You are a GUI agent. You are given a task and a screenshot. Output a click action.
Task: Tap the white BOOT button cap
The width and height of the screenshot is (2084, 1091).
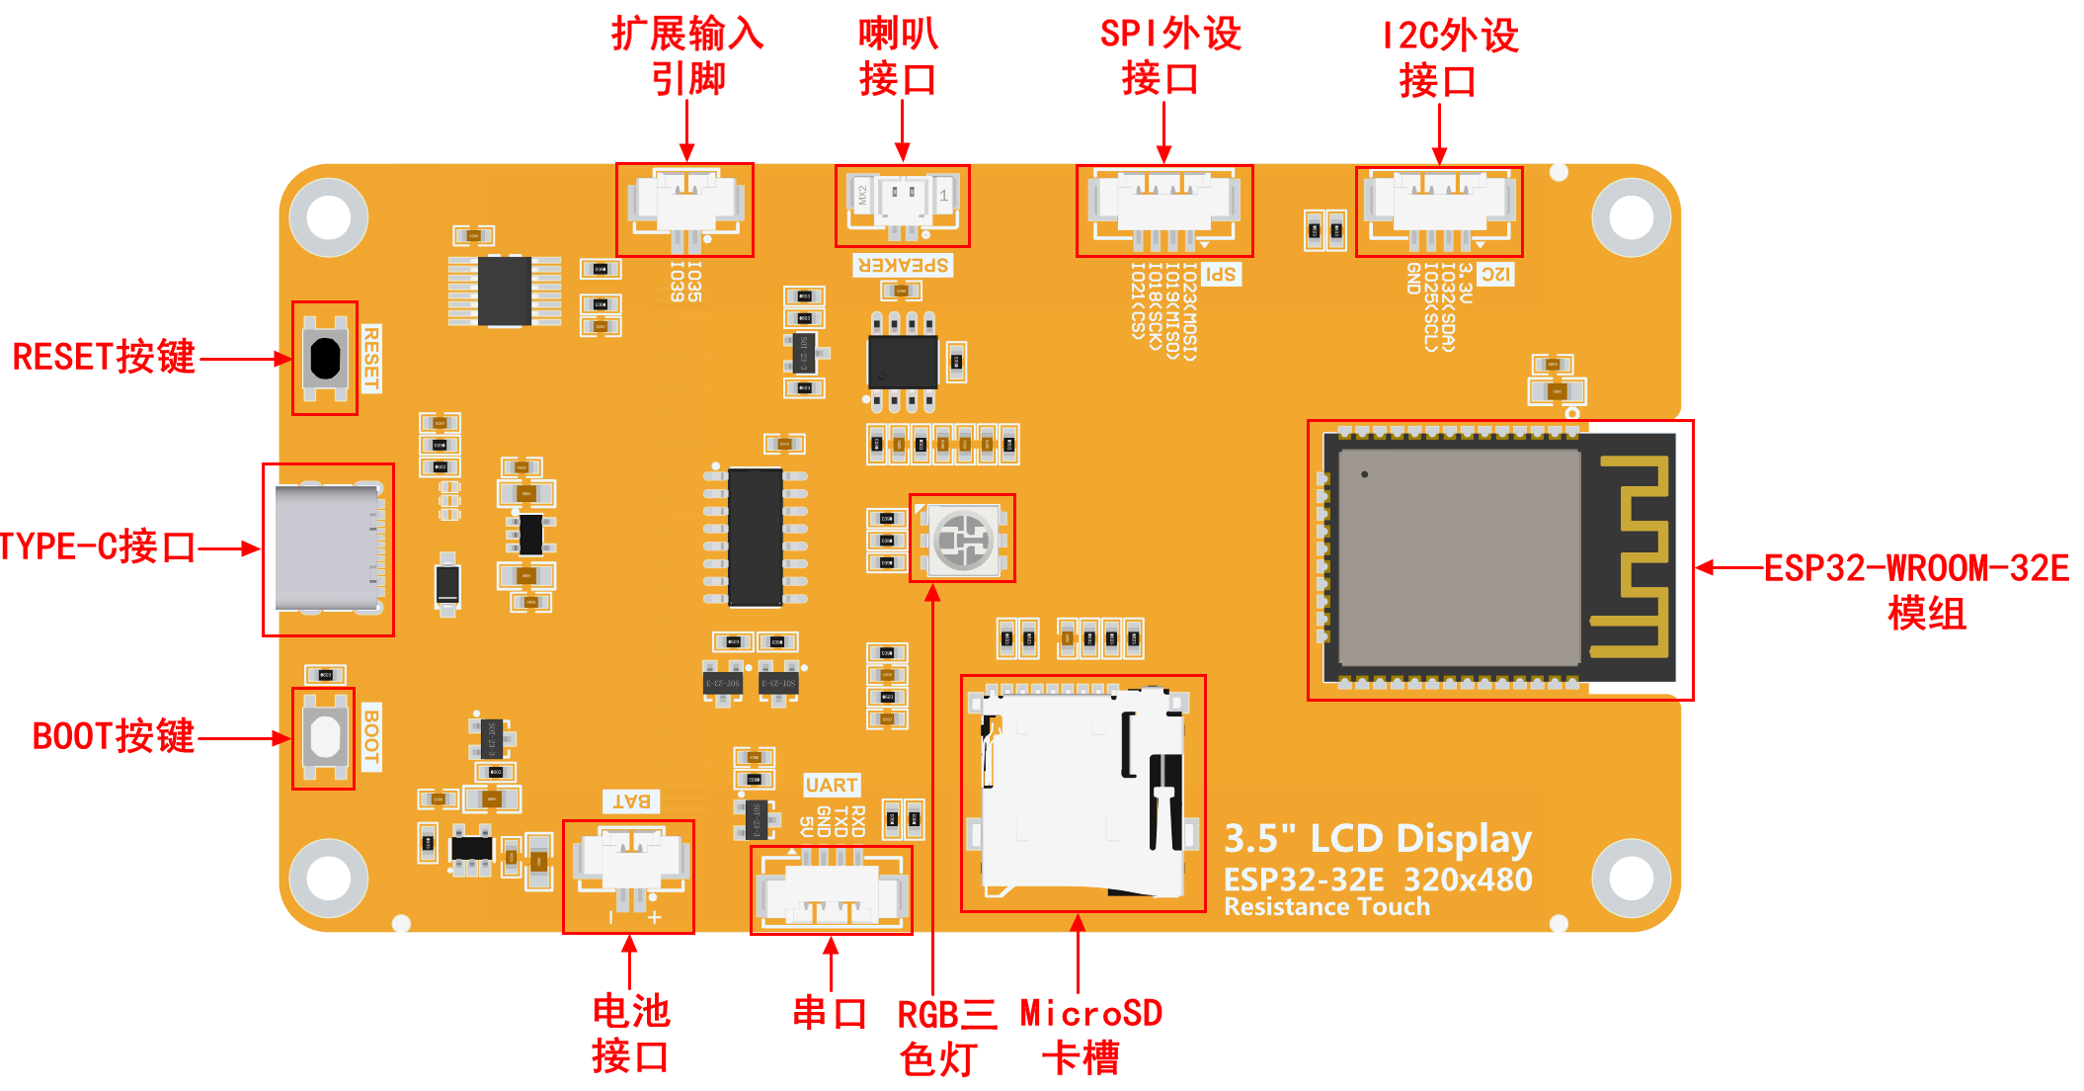click(325, 737)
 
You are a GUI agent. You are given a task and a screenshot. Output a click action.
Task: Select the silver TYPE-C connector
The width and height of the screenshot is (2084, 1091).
click(327, 548)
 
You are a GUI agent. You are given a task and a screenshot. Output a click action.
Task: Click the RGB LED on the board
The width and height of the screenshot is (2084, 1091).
click(962, 540)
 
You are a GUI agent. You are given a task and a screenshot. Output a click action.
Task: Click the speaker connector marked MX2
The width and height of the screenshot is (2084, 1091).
click(902, 203)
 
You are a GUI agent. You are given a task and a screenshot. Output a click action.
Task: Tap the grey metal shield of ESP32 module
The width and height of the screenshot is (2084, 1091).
click(1458, 558)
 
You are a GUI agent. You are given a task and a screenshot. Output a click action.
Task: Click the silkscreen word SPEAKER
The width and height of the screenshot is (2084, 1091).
click(903, 266)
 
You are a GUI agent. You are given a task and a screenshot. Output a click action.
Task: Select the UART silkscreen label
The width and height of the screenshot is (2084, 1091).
click(832, 786)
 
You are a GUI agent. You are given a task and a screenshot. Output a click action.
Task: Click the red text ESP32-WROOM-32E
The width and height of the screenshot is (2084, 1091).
click(1916, 568)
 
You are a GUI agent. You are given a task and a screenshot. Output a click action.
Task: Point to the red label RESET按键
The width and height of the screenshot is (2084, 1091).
click(104, 358)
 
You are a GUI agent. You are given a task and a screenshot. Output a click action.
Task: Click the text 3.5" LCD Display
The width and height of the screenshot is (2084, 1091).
click(1378, 839)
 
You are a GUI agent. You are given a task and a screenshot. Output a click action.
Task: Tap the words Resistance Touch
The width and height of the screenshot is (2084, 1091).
click(1326, 907)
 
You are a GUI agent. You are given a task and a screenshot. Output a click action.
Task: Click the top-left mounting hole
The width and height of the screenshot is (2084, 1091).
click(329, 217)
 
